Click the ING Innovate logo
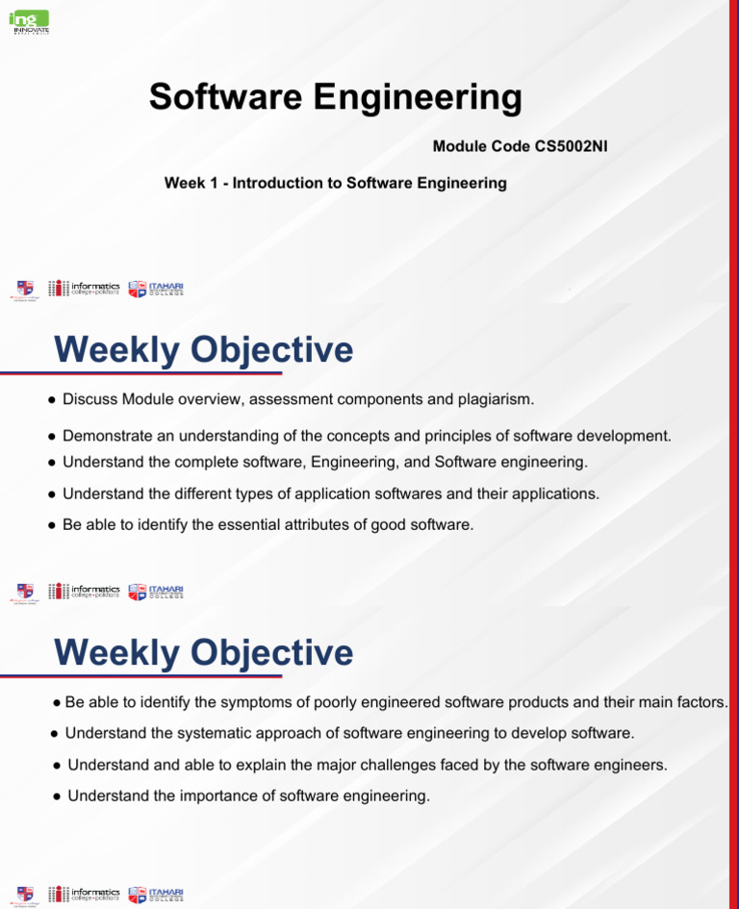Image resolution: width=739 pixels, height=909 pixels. [x=29, y=22]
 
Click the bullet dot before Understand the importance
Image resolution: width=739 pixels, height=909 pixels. [x=58, y=796]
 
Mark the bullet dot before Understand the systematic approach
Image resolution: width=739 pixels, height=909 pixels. [x=55, y=734]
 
